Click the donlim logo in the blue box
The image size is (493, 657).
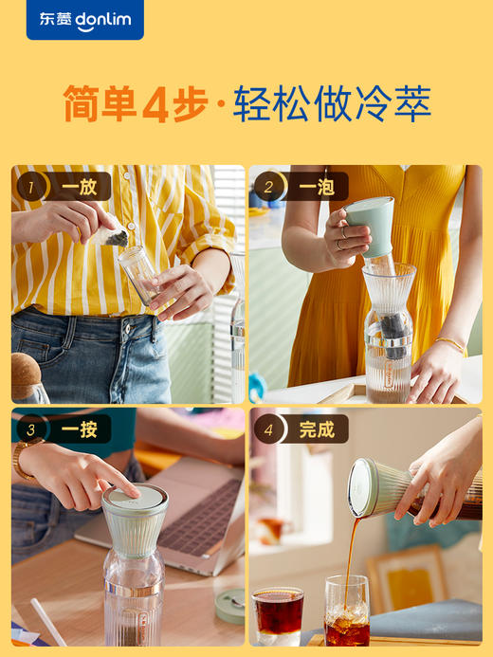pyautogui.click(x=84, y=20)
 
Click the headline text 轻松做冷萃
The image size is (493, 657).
pyautogui.click(x=332, y=103)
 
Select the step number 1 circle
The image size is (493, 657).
pyautogui.click(x=30, y=187)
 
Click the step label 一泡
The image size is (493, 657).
pyautogui.click(x=316, y=187)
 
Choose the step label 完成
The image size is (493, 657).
pyautogui.click(x=316, y=429)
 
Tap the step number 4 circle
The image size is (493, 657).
pyautogui.click(x=268, y=429)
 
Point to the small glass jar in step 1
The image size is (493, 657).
pyautogui.click(x=139, y=274)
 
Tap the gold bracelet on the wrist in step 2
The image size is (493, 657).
pyautogui.click(x=450, y=344)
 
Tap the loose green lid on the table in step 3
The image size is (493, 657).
pyautogui.click(x=230, y=607)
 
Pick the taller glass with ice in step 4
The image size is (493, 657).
pyautogui.click(x=347, y=611)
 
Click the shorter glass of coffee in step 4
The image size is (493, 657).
pyautogui.click(x=278, y=614)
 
